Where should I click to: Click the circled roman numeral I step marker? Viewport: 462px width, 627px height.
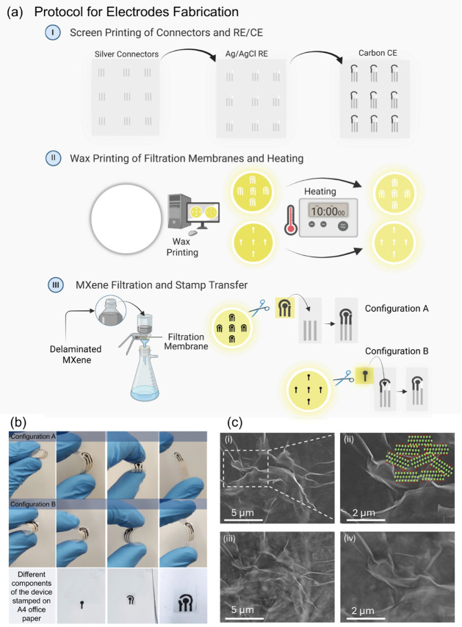pyautogui.click(x=52, y=32)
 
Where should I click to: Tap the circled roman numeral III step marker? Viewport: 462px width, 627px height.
pyautogui.click(x=56, y=285)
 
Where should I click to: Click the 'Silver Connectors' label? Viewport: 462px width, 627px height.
pyautogui.click(x=126, y=54)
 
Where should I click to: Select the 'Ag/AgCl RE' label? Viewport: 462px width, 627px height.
pyautogui.click(x=247, y=54)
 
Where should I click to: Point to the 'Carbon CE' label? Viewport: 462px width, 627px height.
pyautogui.click(x=378, y=53)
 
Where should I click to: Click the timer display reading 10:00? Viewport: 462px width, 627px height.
pyautogui.click(x=328, y=211)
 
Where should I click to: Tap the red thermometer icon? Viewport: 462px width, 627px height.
pyautogui.click(x=291, y=220)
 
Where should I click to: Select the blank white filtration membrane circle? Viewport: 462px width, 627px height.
pyautogui.click(x=126, y=219)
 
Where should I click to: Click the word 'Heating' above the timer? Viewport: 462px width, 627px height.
pyautogui.click(x=320, y=191)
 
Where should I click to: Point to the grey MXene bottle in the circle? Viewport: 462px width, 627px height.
pyautogui.click(x=110, y=310)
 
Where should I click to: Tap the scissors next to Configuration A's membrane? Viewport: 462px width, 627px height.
pyautogui.click(x=259, y=308)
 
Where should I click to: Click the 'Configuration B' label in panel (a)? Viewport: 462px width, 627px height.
pyautogui.click(x=397, y=351)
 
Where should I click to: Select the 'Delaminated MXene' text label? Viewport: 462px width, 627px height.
pyautogui.click(x=76, y=354)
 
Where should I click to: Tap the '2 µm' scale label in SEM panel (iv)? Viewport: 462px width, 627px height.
pyautogui.click(x=363, y=611)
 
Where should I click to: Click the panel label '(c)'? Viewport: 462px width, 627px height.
pyautogui.click(x=234, y=423)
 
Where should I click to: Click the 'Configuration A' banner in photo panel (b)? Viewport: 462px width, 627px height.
pyautogui.click(x=32, y=437)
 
